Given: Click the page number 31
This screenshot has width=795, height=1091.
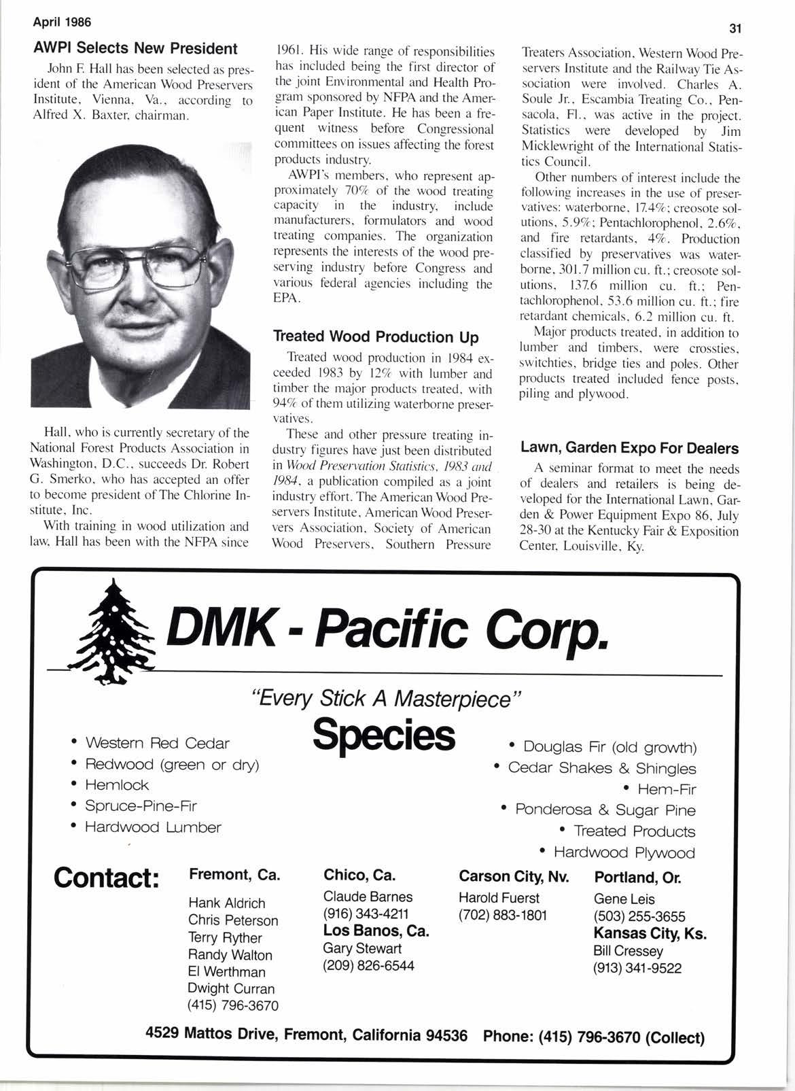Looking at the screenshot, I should [734, 29].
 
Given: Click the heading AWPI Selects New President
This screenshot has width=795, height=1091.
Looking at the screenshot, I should [136, 49].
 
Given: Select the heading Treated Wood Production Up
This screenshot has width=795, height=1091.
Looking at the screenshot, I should [376, 337].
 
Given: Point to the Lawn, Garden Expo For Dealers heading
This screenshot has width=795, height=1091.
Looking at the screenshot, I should [629, 449].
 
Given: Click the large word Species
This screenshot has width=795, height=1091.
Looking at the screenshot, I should [384, 735].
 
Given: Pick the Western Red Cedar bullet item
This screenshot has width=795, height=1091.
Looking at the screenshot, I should [156, 744].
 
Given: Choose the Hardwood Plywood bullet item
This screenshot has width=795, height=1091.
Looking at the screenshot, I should [624, 852].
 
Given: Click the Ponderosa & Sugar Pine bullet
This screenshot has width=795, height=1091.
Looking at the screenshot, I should [605, 810].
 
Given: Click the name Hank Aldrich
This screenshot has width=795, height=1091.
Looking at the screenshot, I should [227, 903].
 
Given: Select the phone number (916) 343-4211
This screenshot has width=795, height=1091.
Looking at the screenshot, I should [366, 914].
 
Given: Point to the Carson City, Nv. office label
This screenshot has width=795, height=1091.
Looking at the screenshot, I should [514, 876].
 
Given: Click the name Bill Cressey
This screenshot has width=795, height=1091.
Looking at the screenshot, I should [628, 951].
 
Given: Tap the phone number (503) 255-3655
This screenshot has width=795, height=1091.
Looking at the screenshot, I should [639, 916].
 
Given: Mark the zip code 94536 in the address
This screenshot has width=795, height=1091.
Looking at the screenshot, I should [446, 1035].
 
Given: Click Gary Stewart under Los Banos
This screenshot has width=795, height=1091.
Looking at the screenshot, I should [362, 948].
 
